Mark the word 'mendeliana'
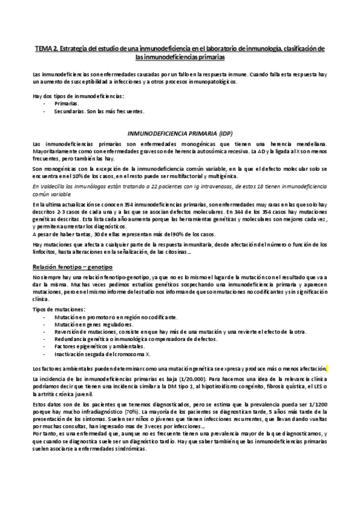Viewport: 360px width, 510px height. point(309,143)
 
